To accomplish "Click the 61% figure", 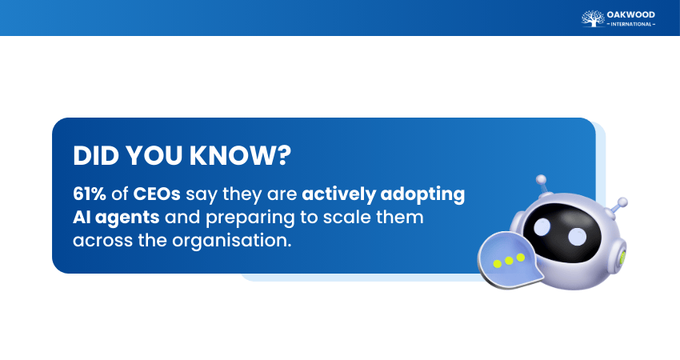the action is click(90, 194).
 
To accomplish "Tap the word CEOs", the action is click(157, 194).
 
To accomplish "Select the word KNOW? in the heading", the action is click(240, 155).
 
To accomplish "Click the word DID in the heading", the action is click(95, 155).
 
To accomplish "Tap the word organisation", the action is click(231, 240).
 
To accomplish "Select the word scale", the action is click(342, 217).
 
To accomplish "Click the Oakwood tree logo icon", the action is click(593, 18).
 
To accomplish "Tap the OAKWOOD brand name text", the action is click(631, 14).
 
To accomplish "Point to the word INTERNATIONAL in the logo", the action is click(631, 24).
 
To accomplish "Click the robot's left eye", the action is click(542, 227).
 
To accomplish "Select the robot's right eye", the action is click(578, 237).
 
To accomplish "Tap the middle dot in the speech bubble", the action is click(509, 261).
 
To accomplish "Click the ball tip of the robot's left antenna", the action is click(541, 179).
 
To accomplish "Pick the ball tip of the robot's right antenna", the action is click(622, 202).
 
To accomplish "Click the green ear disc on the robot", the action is click(622, 258).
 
